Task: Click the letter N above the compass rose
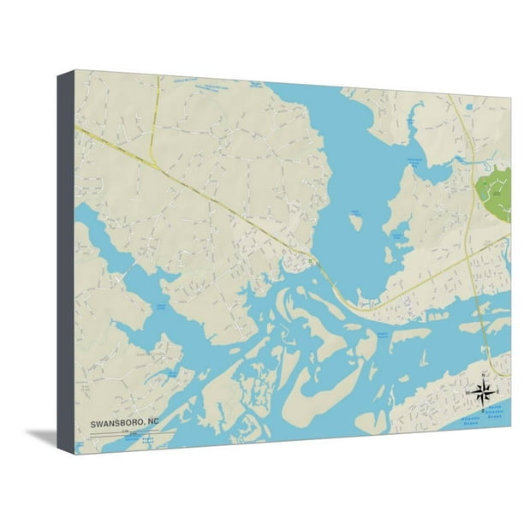click(482, 374)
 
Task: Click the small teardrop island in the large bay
click(354, 222)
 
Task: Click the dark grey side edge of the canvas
click(66, 257)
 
